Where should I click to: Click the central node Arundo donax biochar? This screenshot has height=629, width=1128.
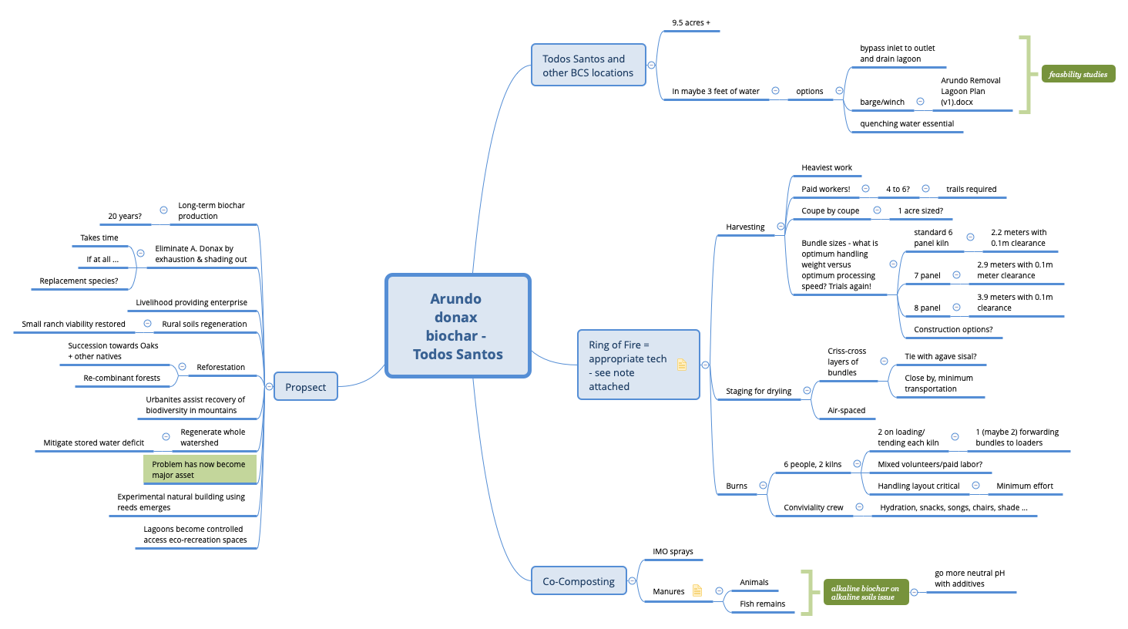[458, 326]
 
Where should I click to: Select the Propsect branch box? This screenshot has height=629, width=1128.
[306, 387]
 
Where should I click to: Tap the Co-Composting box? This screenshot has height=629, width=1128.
[578, 581]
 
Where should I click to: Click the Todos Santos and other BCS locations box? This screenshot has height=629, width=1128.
[588, 66]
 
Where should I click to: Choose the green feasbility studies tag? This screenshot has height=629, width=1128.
[1077, 74]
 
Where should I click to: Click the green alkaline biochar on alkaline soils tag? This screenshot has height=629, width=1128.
[865, 592]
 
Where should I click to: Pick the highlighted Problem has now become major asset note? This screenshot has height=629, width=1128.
[199, 469]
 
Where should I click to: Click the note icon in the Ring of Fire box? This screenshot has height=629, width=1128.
[682, 365]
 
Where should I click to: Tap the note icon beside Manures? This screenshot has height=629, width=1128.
[697, 590]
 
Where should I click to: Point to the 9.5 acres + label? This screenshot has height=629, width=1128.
[690, 23]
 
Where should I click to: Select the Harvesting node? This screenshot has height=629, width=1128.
[745, 227]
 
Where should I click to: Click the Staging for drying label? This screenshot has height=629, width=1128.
[758, 391]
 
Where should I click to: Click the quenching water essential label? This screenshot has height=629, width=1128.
[906, 123]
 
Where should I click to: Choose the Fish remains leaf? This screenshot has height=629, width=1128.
[762, 604]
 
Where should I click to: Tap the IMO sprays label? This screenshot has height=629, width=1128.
[673, 551]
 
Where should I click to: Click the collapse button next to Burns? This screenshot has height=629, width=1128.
[763, 486]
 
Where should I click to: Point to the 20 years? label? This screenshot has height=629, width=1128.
[125, 216]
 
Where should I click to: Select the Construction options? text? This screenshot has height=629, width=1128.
[953, 329]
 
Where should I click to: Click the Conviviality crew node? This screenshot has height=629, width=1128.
[813, 507]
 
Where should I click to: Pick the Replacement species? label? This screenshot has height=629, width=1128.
[79, 281]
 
